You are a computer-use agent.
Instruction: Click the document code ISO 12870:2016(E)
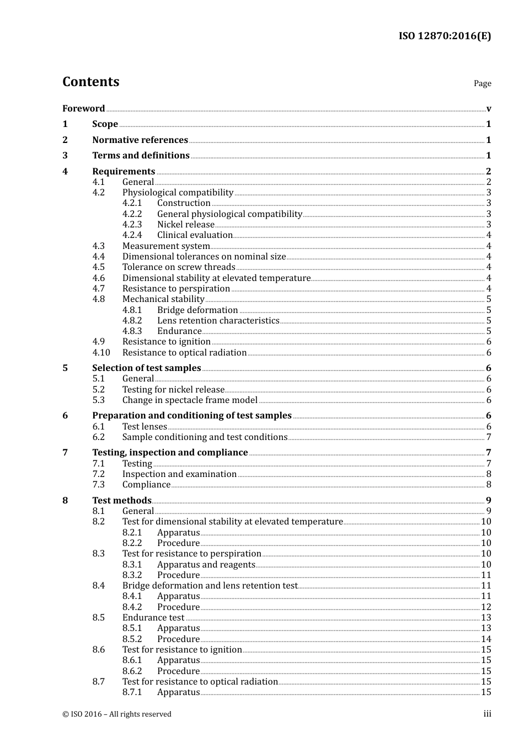[x=445, y=36]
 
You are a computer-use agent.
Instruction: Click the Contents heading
[x=90, y=82]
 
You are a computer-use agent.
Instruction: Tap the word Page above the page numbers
[x=482, y=83]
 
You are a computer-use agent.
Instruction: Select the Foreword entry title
[x=83, y=108]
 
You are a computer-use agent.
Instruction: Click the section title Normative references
[x=140, y=140]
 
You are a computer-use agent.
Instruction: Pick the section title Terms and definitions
[x=141, y=156]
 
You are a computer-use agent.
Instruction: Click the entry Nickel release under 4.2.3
[x=185, y=224]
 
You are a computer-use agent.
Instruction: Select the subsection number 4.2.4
[x=132, y=235]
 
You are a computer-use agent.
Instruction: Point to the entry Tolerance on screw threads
[x=179, y=267]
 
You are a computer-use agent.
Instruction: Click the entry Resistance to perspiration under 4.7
[x=176, y=288]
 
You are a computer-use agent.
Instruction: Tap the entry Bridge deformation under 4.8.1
[x=197, y=310]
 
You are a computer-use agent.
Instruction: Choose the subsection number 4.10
[x=101, y=352]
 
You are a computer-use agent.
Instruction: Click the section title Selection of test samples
[x=146, y=368]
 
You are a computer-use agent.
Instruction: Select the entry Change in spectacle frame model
[x=190, y=400]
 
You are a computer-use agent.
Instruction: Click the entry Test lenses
[x=145, y=426]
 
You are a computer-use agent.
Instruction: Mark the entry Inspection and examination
[x=179, y=474]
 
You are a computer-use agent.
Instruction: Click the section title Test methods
[x=121, y=500]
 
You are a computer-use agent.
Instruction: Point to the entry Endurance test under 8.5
[x=153, y=617]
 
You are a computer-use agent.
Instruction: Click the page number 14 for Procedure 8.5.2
[x=486, y=639]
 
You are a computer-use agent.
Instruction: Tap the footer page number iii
[x=487, y=714]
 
